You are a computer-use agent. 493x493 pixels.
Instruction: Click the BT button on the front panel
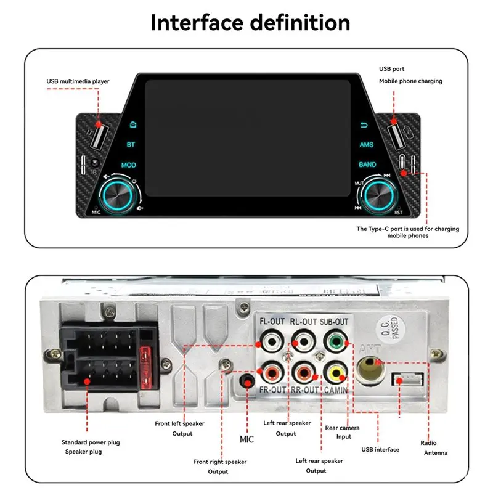click(131, 145)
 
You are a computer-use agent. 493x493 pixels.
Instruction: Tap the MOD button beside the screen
click(129, 165)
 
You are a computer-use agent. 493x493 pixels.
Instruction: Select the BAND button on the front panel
click(367, 165)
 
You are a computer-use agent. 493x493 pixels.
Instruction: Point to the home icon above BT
click(131, 124)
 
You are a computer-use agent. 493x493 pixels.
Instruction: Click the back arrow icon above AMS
click(364, 124)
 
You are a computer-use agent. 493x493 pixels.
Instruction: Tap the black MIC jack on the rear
click(248, 382)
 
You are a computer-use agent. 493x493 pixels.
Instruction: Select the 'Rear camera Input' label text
click(342, 432)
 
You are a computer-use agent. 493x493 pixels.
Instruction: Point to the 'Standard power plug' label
click(91, 442)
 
